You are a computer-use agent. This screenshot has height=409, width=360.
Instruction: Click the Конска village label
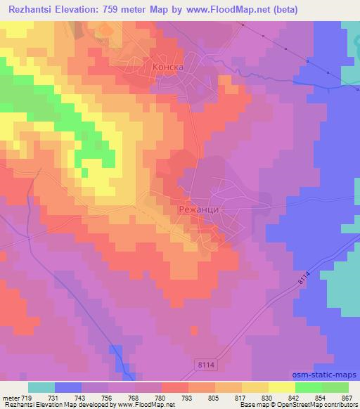click(168, 67)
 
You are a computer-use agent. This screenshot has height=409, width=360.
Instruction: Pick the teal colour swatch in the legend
click(41, 387)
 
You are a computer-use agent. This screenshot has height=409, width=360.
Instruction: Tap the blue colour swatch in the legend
click(68, 387)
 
